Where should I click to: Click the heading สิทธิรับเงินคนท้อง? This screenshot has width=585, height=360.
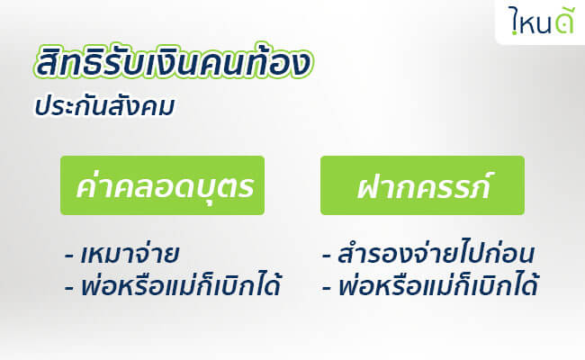[174, 61]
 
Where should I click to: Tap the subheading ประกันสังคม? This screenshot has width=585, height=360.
[104, 105]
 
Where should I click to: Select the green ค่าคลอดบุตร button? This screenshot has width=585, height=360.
[162, 185]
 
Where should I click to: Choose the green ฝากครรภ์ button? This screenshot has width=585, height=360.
[422, 185]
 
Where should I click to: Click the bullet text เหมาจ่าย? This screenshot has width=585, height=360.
[130, 254]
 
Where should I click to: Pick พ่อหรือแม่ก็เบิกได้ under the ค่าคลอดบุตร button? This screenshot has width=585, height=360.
[181, 284]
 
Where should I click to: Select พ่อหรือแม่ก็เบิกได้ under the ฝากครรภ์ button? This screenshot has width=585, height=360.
[438, 284]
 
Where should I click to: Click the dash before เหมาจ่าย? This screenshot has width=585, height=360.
[68, 256]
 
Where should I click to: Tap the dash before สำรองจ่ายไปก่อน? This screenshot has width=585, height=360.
[327, 256]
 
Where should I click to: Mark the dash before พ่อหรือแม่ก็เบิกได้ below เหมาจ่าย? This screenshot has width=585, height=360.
[68, 288]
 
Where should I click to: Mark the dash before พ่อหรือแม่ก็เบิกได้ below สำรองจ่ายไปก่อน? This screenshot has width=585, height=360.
[327, 288]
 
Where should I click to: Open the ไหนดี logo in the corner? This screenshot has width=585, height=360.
[541, 21]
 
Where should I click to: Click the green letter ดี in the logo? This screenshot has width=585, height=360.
[562, 22]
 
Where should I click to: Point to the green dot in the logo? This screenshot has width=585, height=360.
[515, 32]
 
